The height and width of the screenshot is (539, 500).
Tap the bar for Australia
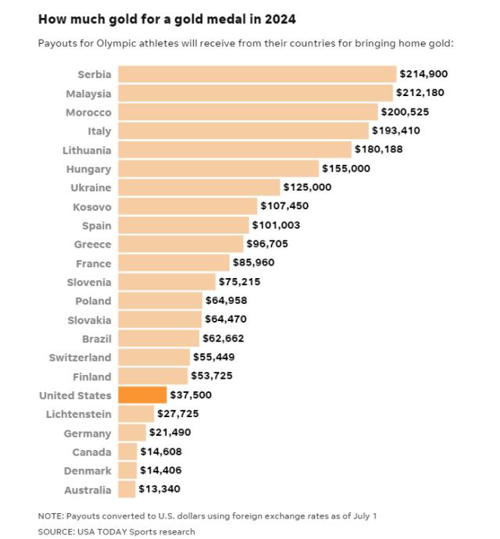[x=126, y=490]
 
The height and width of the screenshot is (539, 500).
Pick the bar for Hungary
[x=218, y=169]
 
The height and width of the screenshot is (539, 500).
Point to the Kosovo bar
[x=187, y=206]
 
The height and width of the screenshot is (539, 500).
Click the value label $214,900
[x=423, y=74]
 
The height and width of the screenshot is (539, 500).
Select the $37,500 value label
[x=191, y=395]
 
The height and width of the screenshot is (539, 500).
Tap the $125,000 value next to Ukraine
[x=307, y=187]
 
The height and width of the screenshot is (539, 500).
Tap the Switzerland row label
[x=79, y=358]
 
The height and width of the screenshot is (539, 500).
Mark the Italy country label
[x=100, y=131]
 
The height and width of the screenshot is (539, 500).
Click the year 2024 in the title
[x=280, y=17]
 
